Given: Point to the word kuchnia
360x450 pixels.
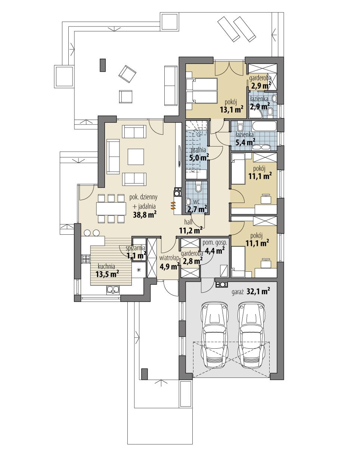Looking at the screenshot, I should click(106, 266).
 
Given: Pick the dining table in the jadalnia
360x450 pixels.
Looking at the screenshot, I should click(111, 208).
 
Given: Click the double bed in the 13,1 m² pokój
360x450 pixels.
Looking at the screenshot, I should click(201, 91).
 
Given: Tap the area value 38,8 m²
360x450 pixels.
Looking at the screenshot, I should click(145, 214).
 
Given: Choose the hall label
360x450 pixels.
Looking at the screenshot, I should click(189, 222).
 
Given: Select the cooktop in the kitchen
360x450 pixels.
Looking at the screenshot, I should click(86, 258).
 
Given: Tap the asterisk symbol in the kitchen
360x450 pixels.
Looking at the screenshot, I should click(139, 269).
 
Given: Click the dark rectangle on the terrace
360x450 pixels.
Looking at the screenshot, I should click(103, 64).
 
